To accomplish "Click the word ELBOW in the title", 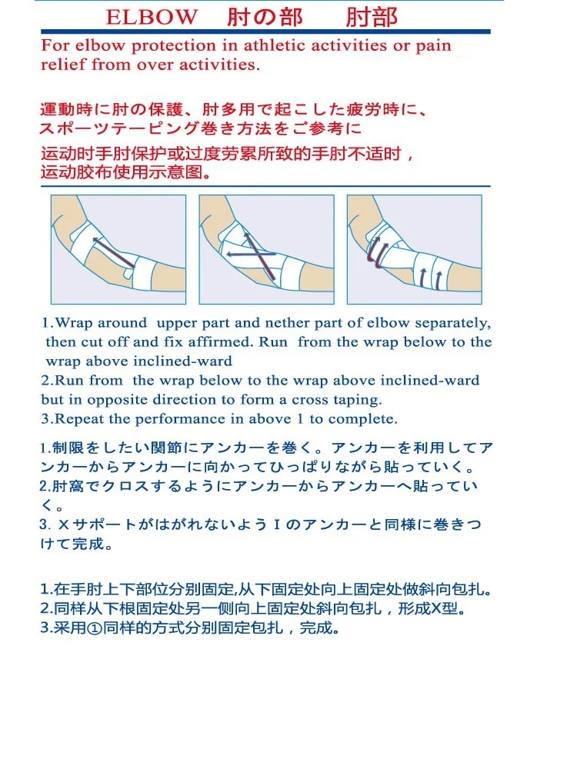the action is pyautogui.click(x=152, y=17).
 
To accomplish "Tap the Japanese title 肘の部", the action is pyautogui.click(x=265, y=17).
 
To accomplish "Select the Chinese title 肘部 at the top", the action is pyautogui.click(x=372, y=17).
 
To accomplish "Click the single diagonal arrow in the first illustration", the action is pyautogui.click(x=113, y=253).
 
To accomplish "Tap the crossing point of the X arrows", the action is pyautogui.click(x=258, y=254).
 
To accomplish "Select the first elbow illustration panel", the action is pyautogui.click(x=118, y=249).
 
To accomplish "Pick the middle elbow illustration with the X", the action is pyautogui.click(x=266, y=249).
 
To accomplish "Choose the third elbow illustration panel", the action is pyautogui.click(x=415, y=249).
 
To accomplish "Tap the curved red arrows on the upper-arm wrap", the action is pyautogui.click(x=377, y=252).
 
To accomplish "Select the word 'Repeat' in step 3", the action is pyautogui.click(x=80, y=419).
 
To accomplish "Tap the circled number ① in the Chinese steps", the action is pyautogui.click(x=94, y=628).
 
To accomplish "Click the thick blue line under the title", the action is pyautogui.click(x=265, y=32).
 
